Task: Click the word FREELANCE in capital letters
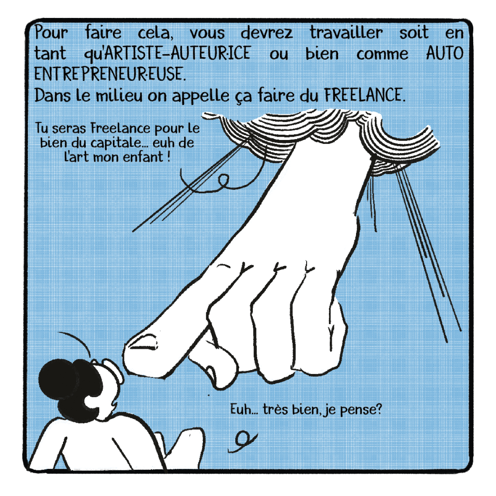click(x=364, y=94)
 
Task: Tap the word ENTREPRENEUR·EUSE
click(x=109, y=74)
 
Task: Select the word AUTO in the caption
click(x=444, y=53)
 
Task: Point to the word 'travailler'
click(x=346, y=32)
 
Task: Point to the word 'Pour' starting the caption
click(x=51, y=32)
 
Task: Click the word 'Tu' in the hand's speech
click(x=42, y=128)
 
